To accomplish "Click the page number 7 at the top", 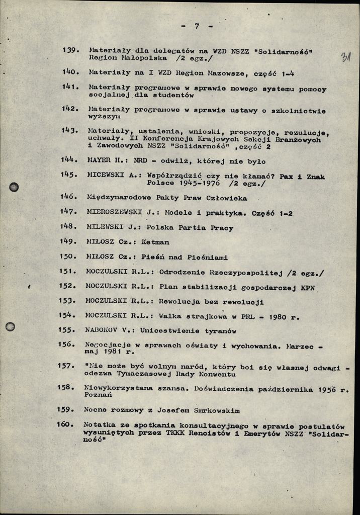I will click(x=197, y=26).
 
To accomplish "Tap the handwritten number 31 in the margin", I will click(x=346, y=57).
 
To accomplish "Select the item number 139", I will click(x=70, y=50).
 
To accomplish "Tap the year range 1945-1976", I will click(x=197, y=184).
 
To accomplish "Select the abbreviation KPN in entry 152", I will click(x=308, y=287).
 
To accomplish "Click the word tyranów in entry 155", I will click(x=216, y=330).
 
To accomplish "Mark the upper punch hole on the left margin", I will click(x=14, y=187).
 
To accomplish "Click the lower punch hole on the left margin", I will click(x=10, y=326).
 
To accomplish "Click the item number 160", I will click(x=65, y=424).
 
